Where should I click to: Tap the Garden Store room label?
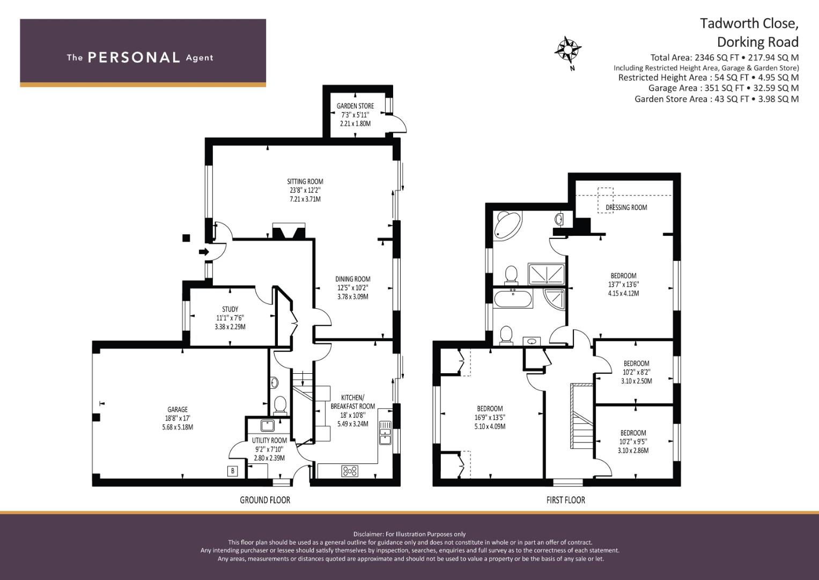pyautogui.click(x=355, y=106)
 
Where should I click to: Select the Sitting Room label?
pyautogui.click(x=305, y=182)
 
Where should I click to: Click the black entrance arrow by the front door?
pyautogui.click(x=204, y=252)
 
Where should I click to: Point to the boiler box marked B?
pyautogui.click(x=232, y=471)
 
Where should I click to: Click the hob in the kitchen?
pyautogui.click(x=350, y=471)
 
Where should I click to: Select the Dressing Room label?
pyautogui.click(x=626, y=207)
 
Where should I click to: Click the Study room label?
pyautogui.click(x=230, y=309)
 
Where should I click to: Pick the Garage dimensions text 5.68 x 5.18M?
pyautogui.click(x=178, y=427)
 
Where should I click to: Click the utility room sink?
pyautogui.click(x=267, y=426)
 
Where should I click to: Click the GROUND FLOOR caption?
pyautogui.click(x=264, y=500)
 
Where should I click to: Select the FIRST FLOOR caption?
pyautogui.click(x=565, y=500)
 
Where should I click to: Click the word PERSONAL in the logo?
pyautogui.click(x=134, y=57)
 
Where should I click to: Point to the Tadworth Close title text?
pyautogui.click(x=749, y=24)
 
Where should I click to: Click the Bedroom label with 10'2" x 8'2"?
pyautogui.click(x=636, y=364)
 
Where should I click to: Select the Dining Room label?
pyautogui.click(x=352, y=279)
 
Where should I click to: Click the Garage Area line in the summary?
pyautogui.click(x=723, y=88)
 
